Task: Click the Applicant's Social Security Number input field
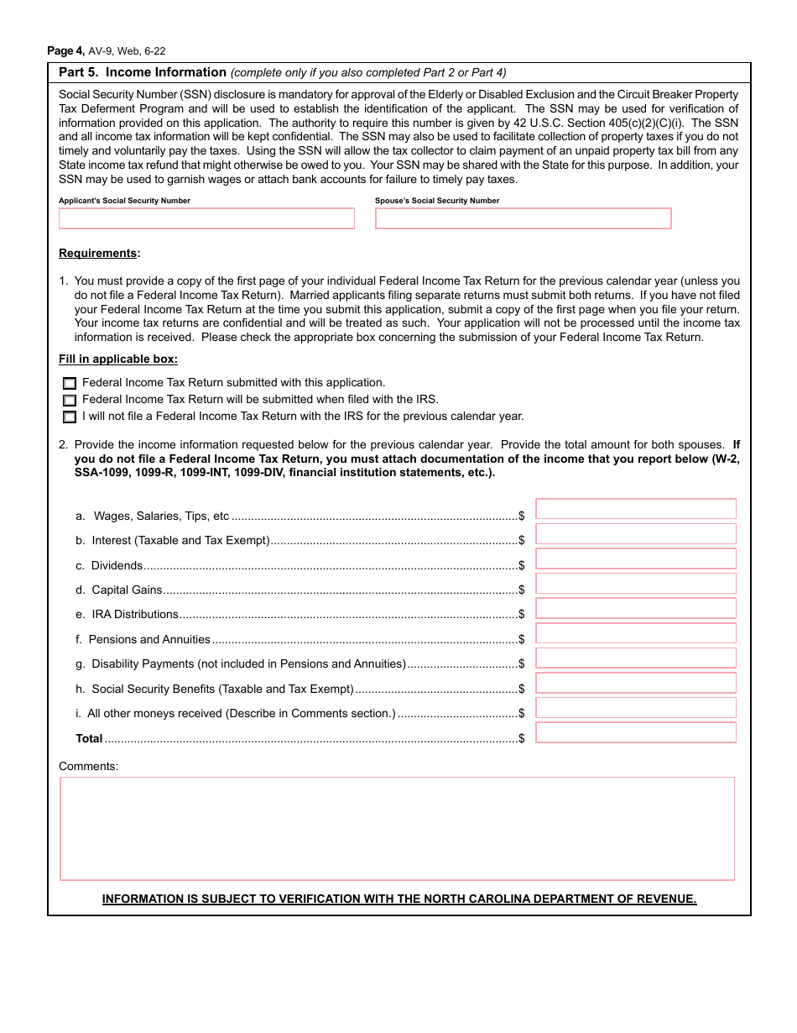206,218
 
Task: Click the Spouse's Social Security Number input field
523,218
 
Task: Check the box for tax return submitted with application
70,383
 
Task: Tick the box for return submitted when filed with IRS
70,400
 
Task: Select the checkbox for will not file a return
70,417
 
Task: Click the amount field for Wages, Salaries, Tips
635,509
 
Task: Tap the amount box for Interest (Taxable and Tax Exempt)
635,534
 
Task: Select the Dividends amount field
635,558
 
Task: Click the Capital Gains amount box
635,584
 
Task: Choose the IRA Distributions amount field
635,608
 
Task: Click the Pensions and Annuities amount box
635,633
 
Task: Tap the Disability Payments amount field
635,658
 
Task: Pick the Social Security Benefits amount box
635,683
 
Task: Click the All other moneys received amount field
635,707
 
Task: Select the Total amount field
635,732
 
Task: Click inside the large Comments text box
397,828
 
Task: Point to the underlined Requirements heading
98,254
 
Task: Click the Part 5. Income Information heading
143,72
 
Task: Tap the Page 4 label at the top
65,51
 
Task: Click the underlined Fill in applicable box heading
117,359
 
